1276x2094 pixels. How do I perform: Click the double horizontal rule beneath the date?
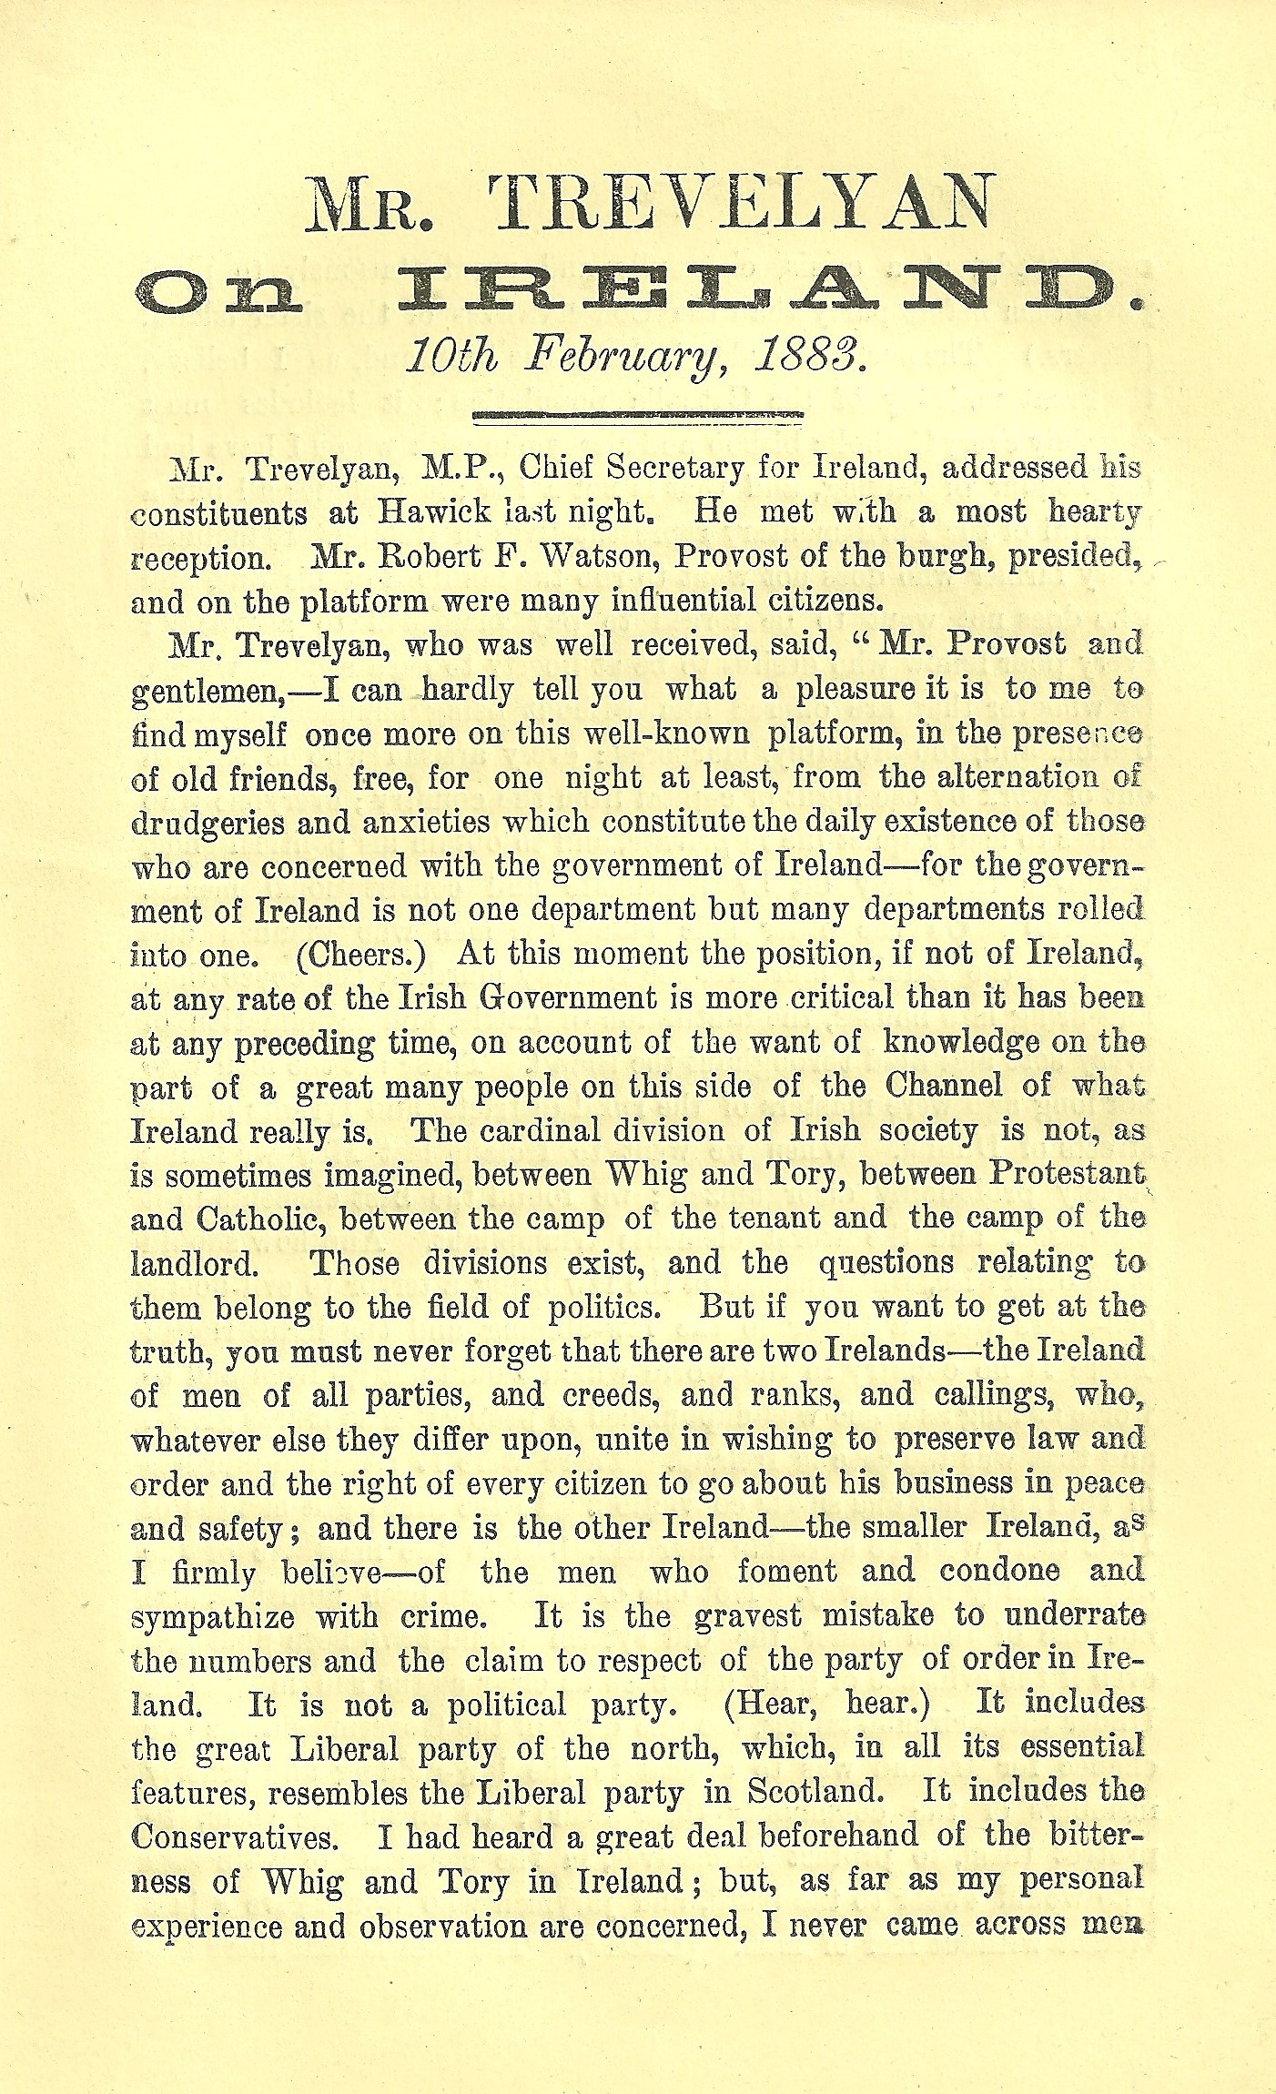pos(638,418)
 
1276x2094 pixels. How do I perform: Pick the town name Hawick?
pos(433,512)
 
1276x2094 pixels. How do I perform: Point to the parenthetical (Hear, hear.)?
pos(826,1704)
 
